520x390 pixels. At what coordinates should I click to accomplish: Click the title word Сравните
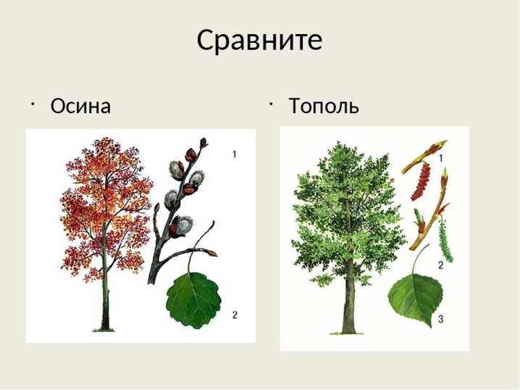259,41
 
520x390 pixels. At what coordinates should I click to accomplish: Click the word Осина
80,106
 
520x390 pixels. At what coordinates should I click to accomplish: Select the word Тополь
324,106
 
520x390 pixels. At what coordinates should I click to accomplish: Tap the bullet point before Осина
33,104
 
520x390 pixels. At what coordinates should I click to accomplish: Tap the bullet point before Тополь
271,104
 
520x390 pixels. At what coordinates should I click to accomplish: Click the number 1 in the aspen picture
235,154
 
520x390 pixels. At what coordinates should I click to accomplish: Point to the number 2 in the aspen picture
235,315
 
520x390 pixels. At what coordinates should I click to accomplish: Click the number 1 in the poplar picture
441,158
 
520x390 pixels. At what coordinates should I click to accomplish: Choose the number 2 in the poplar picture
440,265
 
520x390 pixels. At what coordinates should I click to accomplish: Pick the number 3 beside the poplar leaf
440,319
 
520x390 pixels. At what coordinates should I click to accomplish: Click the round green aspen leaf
193,300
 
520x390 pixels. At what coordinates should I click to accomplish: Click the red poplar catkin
421,181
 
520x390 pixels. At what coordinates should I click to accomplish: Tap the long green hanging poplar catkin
445,238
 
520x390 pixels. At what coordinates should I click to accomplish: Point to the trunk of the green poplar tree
348,299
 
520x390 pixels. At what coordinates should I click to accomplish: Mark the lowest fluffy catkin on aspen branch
182,226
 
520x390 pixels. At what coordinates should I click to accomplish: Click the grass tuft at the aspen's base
104,330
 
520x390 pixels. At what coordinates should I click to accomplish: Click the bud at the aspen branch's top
204,142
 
